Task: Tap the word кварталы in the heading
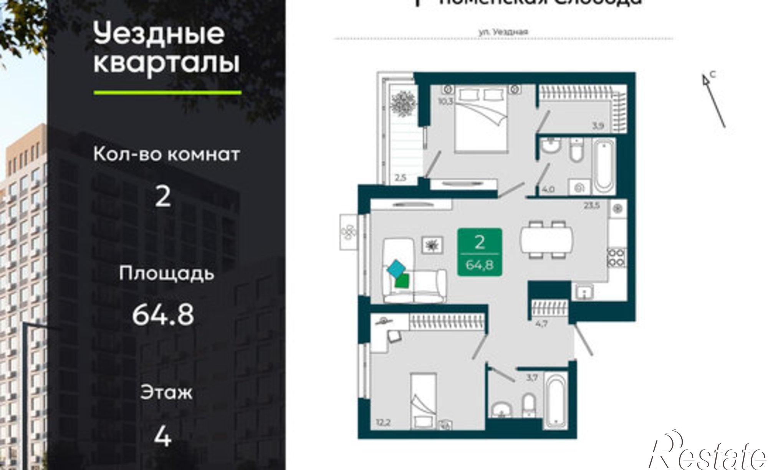167,63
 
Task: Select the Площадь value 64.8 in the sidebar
163,315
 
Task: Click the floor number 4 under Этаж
162,437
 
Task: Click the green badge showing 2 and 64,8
480,252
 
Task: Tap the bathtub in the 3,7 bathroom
556,399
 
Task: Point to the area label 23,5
592,206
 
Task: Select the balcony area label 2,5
400,178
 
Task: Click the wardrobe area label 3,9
598,125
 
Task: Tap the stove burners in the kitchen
616,257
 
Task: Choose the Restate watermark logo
707,453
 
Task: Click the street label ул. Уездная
503,32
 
